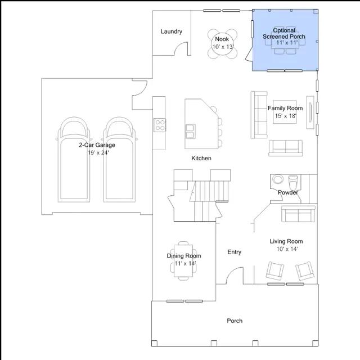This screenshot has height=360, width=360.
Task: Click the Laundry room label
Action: coord(171,31)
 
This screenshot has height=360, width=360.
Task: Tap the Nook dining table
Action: coord(222,44)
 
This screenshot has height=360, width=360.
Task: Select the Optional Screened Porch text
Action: coord(284,34)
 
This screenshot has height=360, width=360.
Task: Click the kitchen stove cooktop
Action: coord(160,125)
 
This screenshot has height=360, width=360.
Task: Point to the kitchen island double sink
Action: coord(190,131)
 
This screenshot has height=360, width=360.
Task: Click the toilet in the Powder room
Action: coord(293,182)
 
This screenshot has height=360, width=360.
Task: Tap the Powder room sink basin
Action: coord(278,179)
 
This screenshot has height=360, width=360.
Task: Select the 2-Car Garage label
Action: coord(97,145)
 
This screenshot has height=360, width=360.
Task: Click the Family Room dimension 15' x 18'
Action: coord(286,116)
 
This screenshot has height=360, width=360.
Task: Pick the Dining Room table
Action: coord(183,261)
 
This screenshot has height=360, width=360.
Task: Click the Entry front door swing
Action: coord(235,276)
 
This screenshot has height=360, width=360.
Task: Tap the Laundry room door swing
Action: coord(181,49)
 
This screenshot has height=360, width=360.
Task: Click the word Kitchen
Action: coord(201,158)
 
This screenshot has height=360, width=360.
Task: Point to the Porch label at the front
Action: coord(235,321)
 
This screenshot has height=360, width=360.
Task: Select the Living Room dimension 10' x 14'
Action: coord(287,249)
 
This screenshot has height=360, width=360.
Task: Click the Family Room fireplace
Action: coord(310,112)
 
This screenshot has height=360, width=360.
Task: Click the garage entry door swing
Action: coord(139,88)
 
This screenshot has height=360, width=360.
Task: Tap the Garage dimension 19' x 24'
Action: coord(98,152)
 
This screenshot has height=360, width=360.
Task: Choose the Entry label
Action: coord(234,252)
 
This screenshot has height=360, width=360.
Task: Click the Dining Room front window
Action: coord(184,301)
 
